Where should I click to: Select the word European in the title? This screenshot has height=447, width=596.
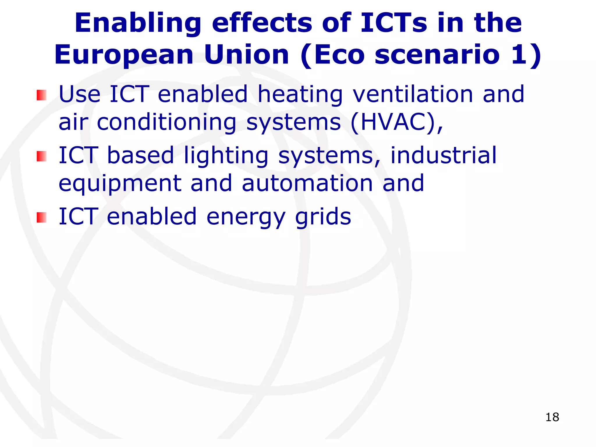124,55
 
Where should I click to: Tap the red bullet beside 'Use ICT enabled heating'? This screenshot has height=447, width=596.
41,95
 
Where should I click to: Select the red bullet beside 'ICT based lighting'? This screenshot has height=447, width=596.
41,156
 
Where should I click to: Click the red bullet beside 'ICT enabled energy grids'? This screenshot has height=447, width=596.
41,217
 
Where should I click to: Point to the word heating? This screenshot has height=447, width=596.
300,95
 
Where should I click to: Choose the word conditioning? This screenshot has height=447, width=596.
166,123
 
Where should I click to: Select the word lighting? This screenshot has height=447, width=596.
226,156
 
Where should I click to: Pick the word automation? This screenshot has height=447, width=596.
307,183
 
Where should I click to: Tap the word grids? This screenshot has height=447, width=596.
323,217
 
